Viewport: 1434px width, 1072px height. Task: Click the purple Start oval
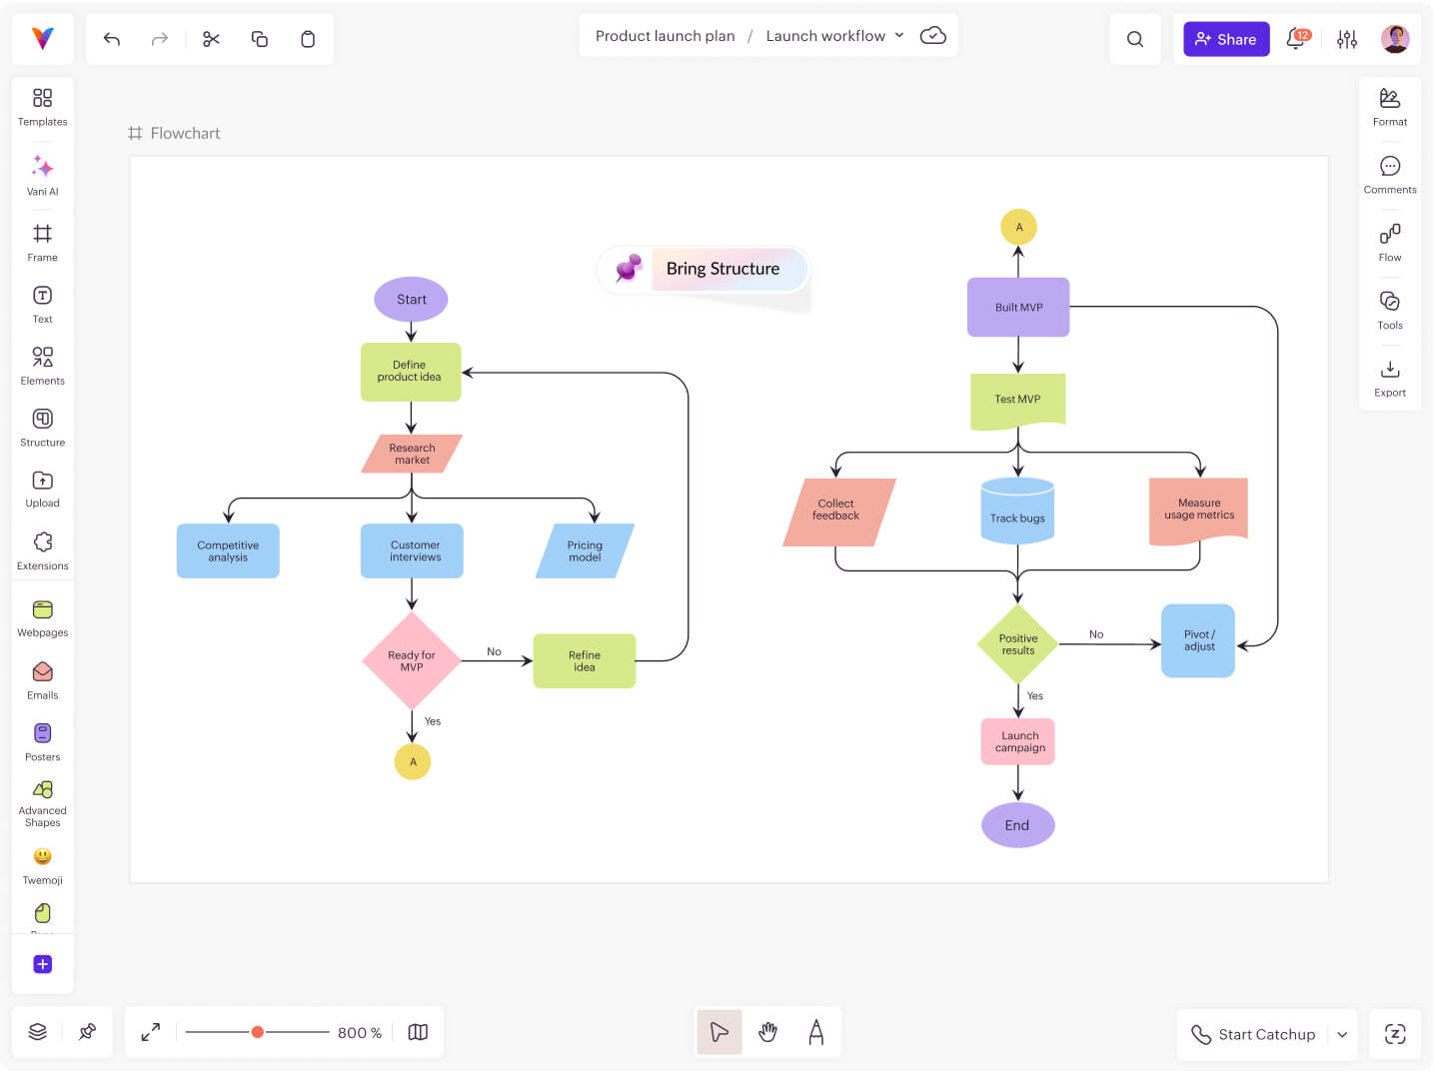coord(411,299)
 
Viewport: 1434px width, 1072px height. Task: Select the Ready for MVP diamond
coord(411,660)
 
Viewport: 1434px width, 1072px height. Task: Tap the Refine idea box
coord(585,660)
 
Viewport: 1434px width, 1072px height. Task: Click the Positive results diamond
coord(1017,644)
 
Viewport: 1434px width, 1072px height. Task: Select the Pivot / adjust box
coord(1198,640)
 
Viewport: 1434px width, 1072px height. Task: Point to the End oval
coord(1017,825)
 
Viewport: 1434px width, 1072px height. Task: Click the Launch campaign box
coord(1018,741)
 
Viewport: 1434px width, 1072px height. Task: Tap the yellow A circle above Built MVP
coord(1018,227)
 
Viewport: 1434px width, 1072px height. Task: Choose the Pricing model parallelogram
coord(585,550)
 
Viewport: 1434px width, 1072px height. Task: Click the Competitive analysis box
coord(228,550)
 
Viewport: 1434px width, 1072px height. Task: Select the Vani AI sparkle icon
coord(42,167)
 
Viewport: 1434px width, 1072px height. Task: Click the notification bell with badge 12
coord(1296,39)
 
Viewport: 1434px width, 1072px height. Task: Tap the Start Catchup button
coord(1254,1034)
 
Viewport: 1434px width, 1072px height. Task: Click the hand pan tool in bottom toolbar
coord(767,1032)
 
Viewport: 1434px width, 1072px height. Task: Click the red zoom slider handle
coord(258,1032)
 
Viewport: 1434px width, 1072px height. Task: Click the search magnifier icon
coord(1135,39)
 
